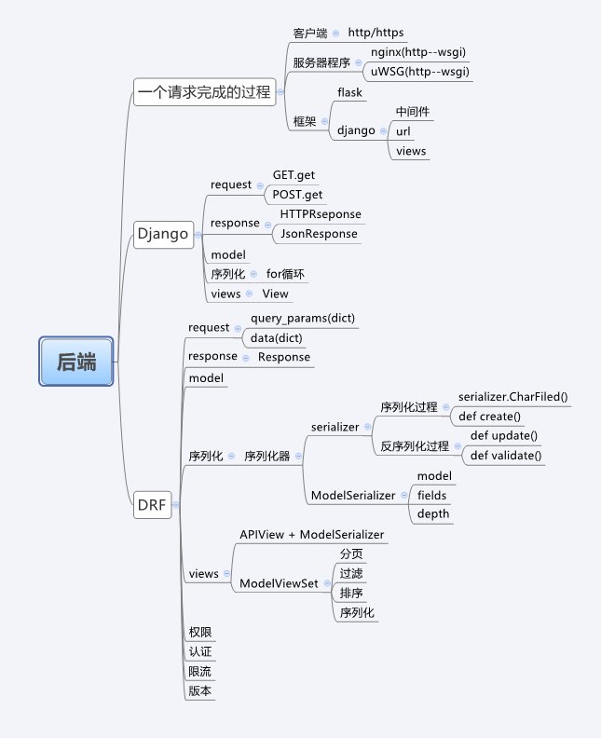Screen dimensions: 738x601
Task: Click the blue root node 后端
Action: (x=76, y=362)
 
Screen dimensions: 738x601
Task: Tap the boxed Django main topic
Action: (x=162, y=234)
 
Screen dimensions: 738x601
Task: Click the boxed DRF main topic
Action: (x=152, y=505)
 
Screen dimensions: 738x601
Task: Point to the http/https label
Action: (x=376, y=34)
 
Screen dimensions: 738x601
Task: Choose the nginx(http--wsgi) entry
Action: (x=418, y=52)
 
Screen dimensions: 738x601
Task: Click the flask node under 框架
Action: (x=349, y=92)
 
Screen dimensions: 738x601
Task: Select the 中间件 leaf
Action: (x=412, y=112)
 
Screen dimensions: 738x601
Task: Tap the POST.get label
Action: (x=297, y=195)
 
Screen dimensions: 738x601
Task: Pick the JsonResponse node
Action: (x=319, y=234)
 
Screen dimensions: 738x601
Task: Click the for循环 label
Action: (x=285, y=275)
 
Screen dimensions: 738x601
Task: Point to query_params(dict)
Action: (x=303, y=319)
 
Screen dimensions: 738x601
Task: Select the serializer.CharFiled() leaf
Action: (x=512, y=397)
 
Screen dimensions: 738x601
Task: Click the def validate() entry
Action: (x=506, y=456)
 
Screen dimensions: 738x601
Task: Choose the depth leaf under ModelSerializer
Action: (x=432, y=513)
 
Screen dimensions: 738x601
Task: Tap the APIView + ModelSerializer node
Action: (x=311, y=535)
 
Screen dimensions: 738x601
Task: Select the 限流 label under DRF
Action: (x=199, y=672)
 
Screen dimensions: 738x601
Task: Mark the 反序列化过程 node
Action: (x=415, y=446)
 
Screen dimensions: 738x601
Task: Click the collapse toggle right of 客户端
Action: (x=335, y=34)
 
